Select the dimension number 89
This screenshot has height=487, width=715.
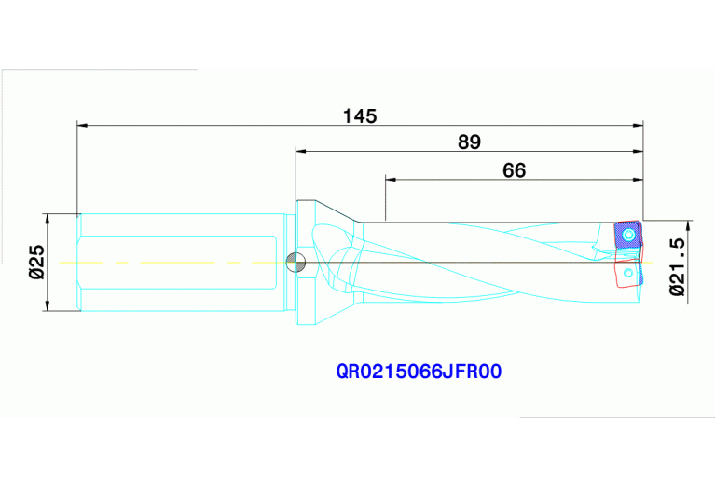[469, 142]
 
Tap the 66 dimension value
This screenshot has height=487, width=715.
[514, 169]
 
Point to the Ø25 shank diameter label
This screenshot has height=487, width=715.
[36, 263]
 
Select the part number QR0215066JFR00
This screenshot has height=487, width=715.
[419, 372]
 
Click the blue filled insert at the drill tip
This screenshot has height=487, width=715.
[627, 236]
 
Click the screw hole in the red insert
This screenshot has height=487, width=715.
[627, 273]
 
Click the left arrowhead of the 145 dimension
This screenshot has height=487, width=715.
[81, 124]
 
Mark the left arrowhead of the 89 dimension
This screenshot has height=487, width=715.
[300, 149]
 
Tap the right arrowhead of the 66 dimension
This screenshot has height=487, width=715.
[639, 178]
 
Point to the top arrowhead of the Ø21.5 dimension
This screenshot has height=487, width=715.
[690, 224]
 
